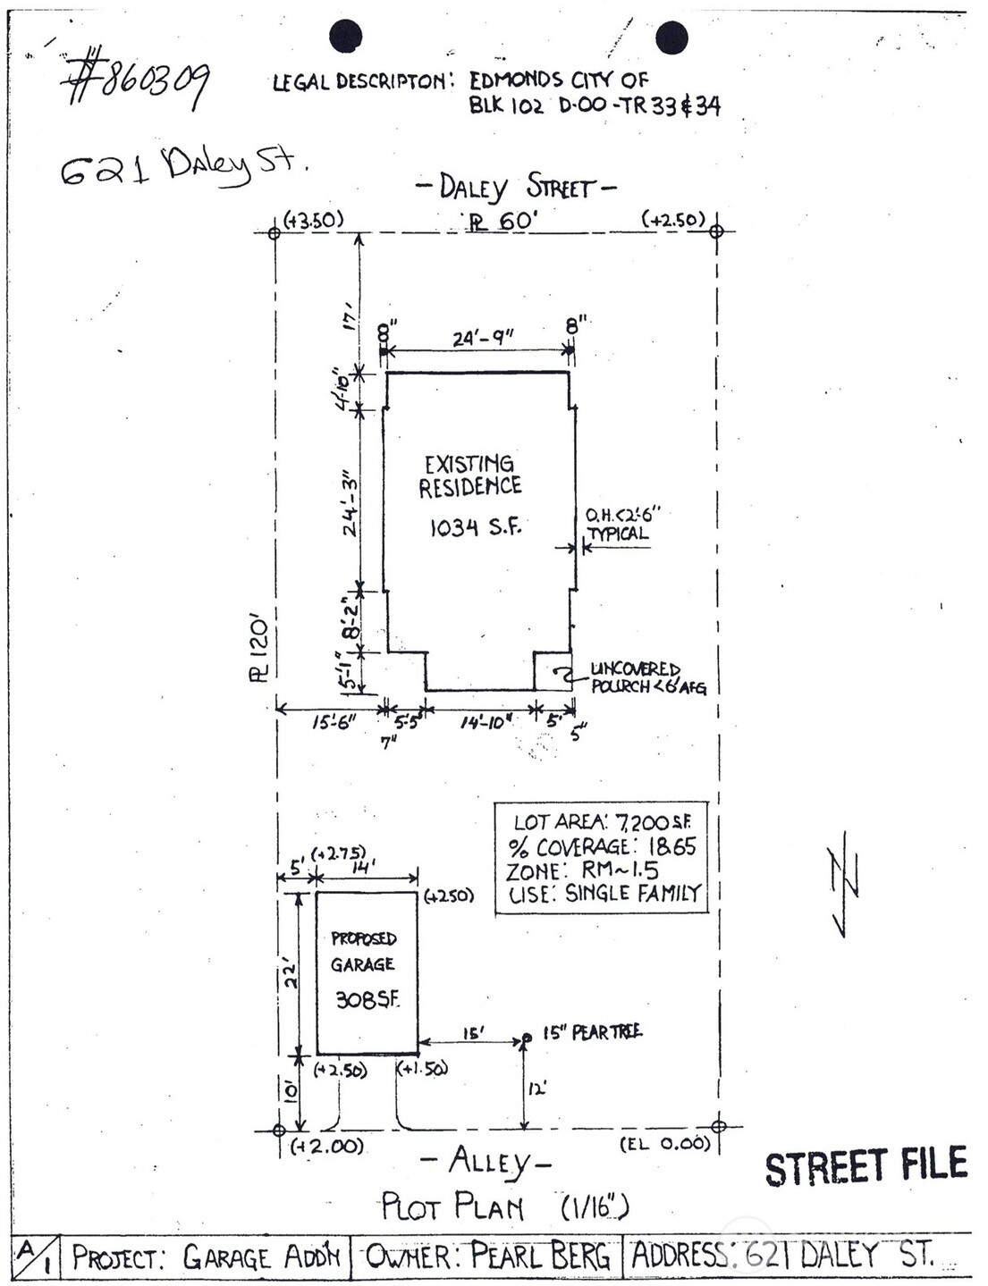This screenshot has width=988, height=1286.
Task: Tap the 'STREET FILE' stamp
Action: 866,1167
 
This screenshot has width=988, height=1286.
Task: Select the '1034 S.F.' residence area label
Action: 475,527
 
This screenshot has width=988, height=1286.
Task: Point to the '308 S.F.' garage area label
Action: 367,1000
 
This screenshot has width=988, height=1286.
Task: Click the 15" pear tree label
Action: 591,1032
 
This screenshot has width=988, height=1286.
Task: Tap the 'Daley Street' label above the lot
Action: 516,188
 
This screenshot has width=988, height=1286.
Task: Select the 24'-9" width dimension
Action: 482,338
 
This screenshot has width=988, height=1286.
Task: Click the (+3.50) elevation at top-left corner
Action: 313,220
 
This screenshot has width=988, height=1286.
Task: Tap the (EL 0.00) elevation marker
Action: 665,1144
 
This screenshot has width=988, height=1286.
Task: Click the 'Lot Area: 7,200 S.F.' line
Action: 602,821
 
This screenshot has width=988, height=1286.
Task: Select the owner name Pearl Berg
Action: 540,1257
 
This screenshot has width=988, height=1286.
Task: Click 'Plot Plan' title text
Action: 452,1206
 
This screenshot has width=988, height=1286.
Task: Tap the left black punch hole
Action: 345,37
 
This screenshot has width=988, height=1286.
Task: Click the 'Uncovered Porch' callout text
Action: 646,678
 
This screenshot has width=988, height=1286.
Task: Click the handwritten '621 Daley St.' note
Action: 183,167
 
